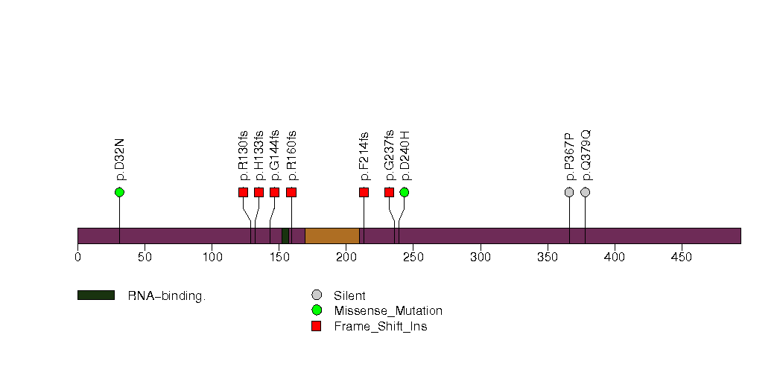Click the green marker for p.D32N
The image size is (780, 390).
point(119,192)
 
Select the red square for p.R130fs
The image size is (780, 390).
point(244,192)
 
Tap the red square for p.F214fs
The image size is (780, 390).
point(364,192)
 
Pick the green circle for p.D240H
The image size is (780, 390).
point(405,192)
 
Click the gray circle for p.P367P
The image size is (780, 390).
point(570,192)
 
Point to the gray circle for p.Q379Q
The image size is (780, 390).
point(586,192)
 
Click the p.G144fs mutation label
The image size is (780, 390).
point(275,156)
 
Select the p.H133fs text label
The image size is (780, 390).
point(259,156)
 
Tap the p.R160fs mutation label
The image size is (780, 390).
point(291,156)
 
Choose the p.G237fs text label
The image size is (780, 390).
point(389,156)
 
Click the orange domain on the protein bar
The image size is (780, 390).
point(332,236)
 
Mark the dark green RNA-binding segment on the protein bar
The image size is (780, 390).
point(285,236)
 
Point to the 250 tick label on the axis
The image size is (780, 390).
point(413,257)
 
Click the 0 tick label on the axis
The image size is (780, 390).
point(77,257)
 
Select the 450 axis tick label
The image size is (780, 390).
point(682,257)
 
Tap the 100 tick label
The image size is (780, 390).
point(212,257)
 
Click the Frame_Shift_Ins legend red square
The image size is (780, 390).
point(317,327)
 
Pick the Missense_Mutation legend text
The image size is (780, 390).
point(388,311)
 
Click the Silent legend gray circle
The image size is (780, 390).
point(317,295)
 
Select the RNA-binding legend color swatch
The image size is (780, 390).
point(96,295)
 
